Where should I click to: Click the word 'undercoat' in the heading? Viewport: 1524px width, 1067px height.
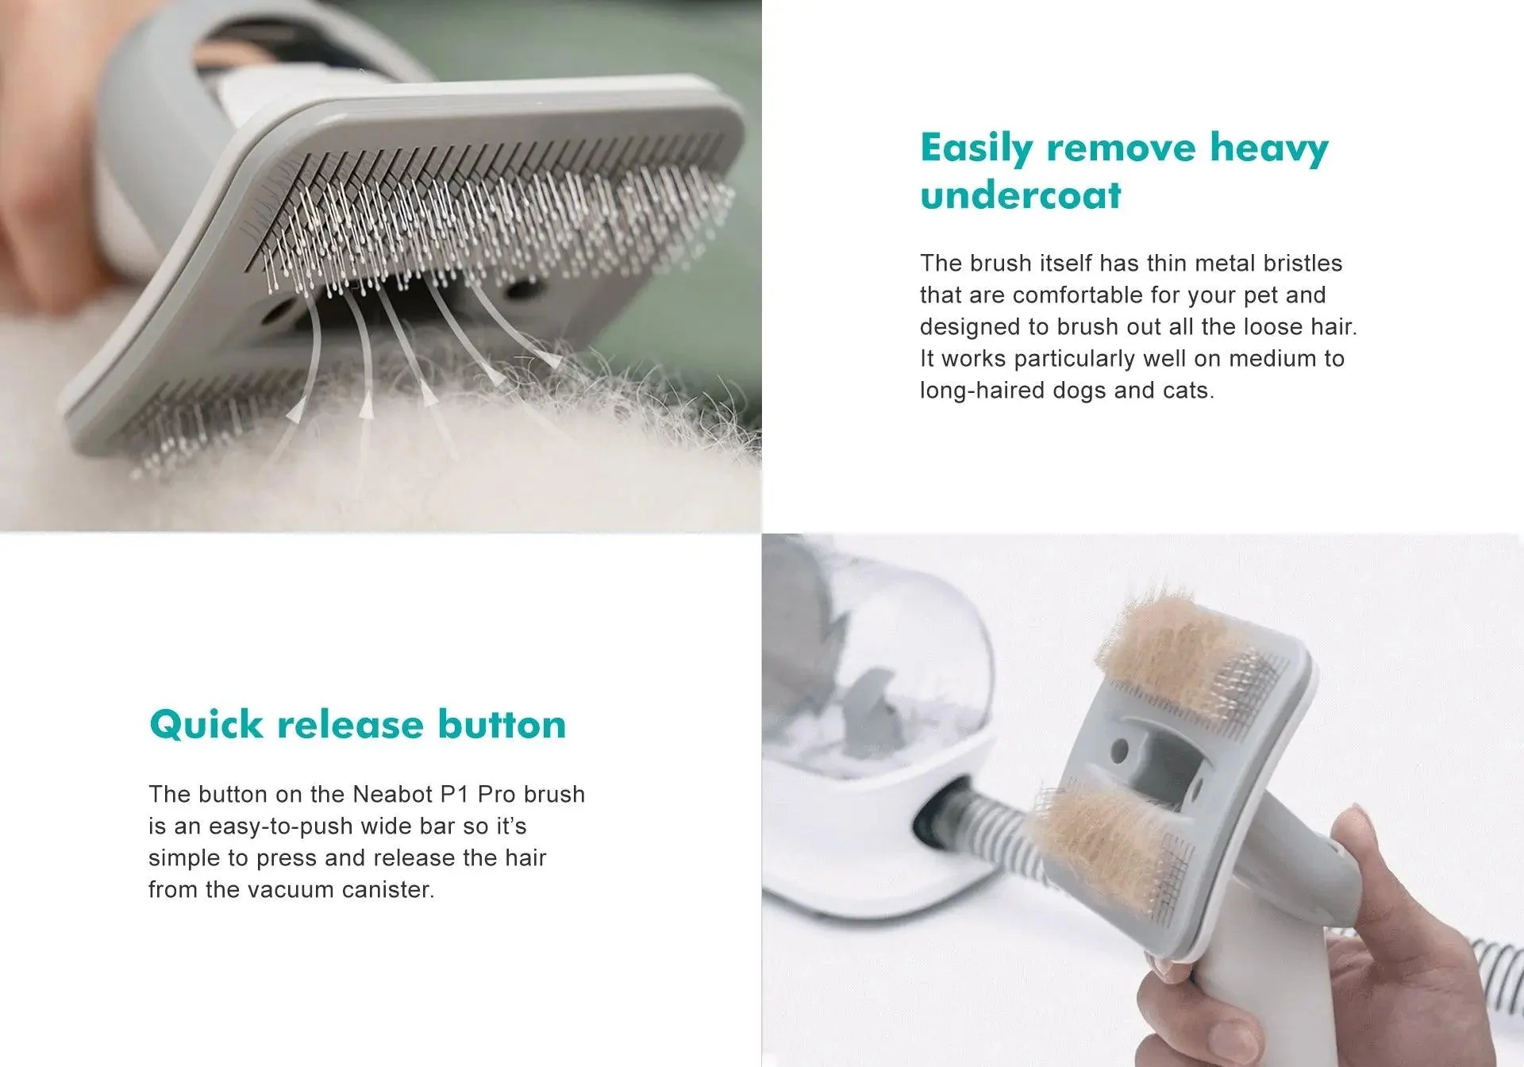[x=1021, y=195]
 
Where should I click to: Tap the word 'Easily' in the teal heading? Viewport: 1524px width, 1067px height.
[x=977, y=149]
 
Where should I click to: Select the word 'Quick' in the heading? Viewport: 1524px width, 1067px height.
[x=206, y=725]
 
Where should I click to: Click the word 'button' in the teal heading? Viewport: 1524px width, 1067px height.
[x=502, y=724]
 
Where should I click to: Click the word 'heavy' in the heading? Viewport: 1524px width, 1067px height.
[x=1268, y=149]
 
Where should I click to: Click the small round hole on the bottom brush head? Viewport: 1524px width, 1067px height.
[x=1119, y=749]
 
